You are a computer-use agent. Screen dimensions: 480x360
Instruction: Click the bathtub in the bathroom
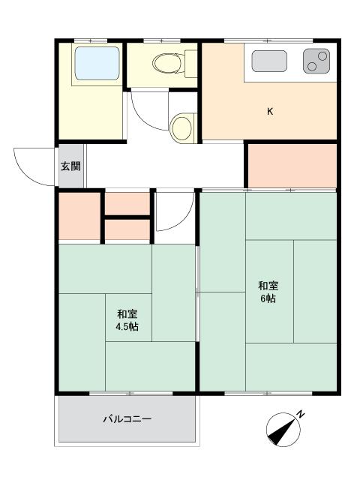(x=95, y=65)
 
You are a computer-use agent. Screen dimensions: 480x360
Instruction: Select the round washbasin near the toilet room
(x=181, y=128)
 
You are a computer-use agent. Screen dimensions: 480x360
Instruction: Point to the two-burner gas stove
(x=316, y=61)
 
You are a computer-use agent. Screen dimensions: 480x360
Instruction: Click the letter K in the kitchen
(x=270, y=112)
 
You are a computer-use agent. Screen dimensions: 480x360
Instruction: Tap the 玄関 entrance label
(x=70, y=166)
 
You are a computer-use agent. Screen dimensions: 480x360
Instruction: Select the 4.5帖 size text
(x=126, y=328)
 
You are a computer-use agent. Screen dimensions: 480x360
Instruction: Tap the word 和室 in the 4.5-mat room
(x=126, y=314)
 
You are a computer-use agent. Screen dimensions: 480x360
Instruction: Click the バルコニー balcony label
(x=127, y=418)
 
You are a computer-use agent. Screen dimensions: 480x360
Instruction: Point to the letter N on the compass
(x=300, y=414)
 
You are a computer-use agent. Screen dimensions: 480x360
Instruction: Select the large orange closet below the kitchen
(x=291, y=165)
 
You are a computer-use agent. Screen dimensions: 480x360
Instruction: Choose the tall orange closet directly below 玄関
(x=79, y=216)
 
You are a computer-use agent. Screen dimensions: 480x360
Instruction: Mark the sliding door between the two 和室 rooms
(x=197, y=292)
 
